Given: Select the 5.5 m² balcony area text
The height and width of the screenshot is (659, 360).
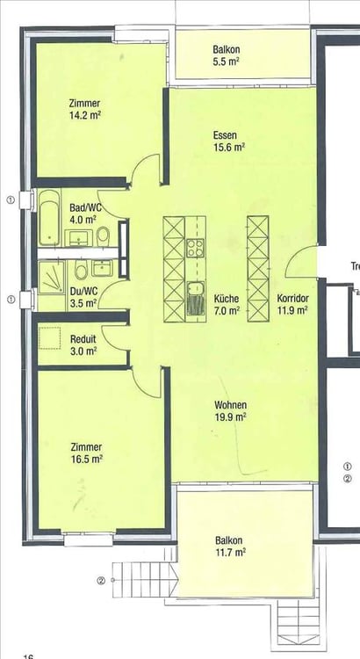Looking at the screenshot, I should (x=227, y=63).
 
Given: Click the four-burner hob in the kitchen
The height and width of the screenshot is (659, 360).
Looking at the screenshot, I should (x=195, y=247).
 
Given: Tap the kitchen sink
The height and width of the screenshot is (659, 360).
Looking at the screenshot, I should (x=195, y=289).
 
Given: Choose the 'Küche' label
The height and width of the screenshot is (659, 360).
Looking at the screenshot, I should (x=226, y=299).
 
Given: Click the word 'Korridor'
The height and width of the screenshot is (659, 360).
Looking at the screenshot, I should (x=292, y=299).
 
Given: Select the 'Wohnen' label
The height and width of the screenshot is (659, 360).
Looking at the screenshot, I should (x=230, y=405).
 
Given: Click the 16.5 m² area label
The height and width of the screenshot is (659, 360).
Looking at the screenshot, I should (x=89, y=458).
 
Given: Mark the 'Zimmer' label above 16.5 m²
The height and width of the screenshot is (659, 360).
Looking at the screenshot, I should (x=88, y=446).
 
